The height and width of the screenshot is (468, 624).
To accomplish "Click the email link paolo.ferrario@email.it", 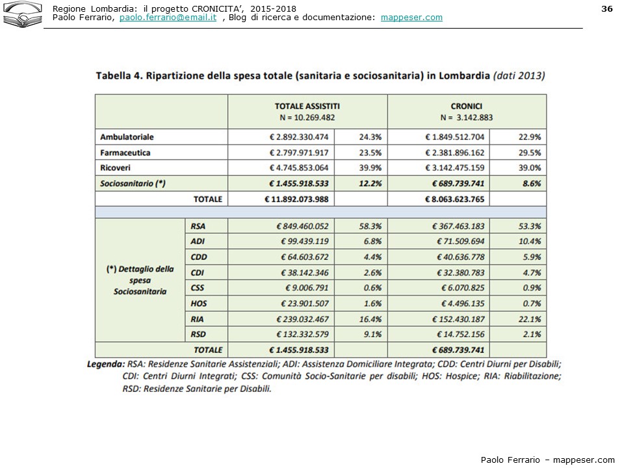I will pos(168,18).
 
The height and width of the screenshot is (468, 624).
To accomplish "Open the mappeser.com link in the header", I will pos(411,18).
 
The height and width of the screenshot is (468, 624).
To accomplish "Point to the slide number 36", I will pos(607,8).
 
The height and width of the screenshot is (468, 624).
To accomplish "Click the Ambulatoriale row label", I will pos(127,137).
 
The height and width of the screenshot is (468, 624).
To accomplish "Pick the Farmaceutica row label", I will pos(125,153).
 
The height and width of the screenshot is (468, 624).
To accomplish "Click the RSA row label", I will pos(199,226).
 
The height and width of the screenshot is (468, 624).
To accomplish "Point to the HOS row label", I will pos(199,304).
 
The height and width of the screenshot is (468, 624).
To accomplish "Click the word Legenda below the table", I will pos(105,364).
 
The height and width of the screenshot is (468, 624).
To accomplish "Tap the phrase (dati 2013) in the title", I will pos(519,75).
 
